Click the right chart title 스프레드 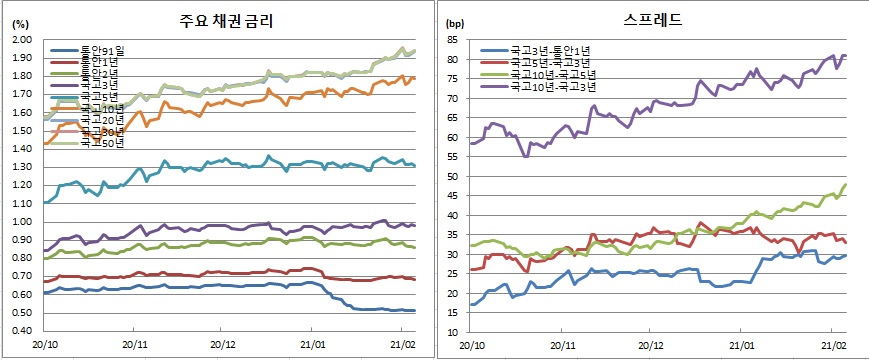click(654, 19)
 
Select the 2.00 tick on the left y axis click(21, 40)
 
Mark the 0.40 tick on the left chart click(21, 331)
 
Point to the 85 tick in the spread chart click(452, 40)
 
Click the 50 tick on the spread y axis click(452, 176)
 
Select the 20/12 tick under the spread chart click(651, 344)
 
